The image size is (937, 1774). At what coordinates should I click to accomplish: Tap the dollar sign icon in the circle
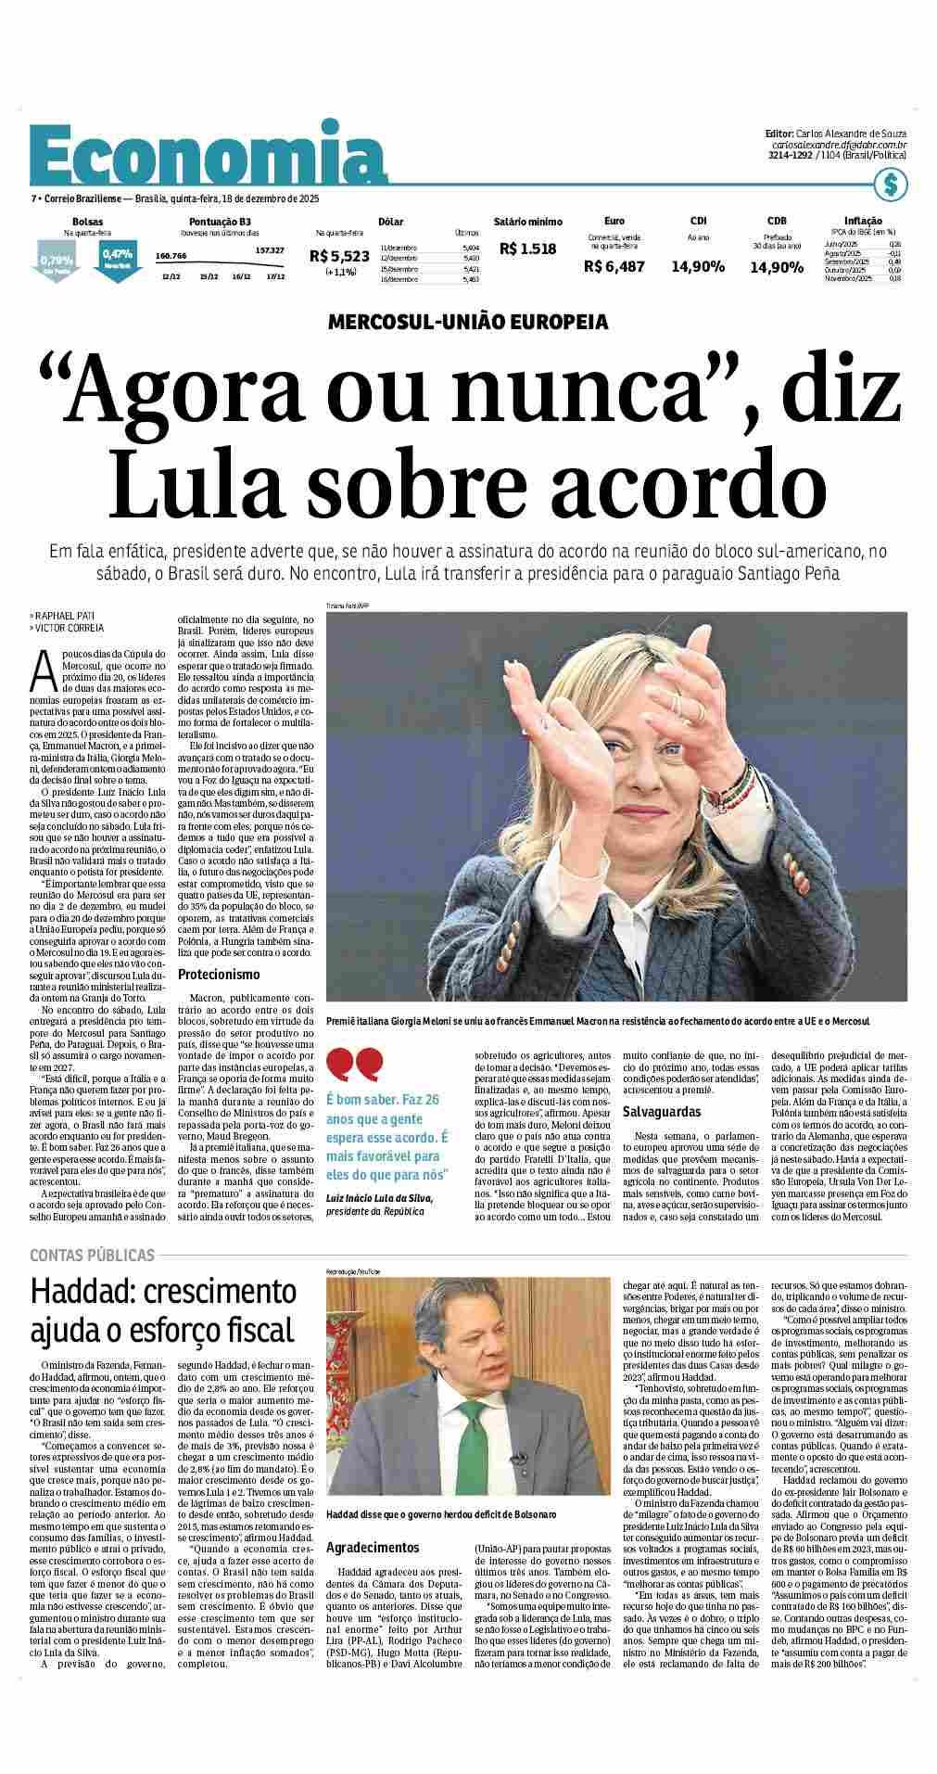coord(891,185)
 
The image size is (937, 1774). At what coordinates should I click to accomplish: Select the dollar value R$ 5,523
coord(340,256)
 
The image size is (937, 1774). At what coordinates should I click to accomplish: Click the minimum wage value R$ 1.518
coord(527,249)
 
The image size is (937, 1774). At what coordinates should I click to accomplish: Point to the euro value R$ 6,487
coord(614,266)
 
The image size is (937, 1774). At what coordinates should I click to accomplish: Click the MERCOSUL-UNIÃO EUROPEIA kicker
coord(468,323)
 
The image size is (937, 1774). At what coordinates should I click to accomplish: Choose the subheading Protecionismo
coord(219,975)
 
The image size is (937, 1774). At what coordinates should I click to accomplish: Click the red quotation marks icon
coord(355,1065)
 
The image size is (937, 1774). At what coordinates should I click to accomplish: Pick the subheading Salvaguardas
coord(661,1111)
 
